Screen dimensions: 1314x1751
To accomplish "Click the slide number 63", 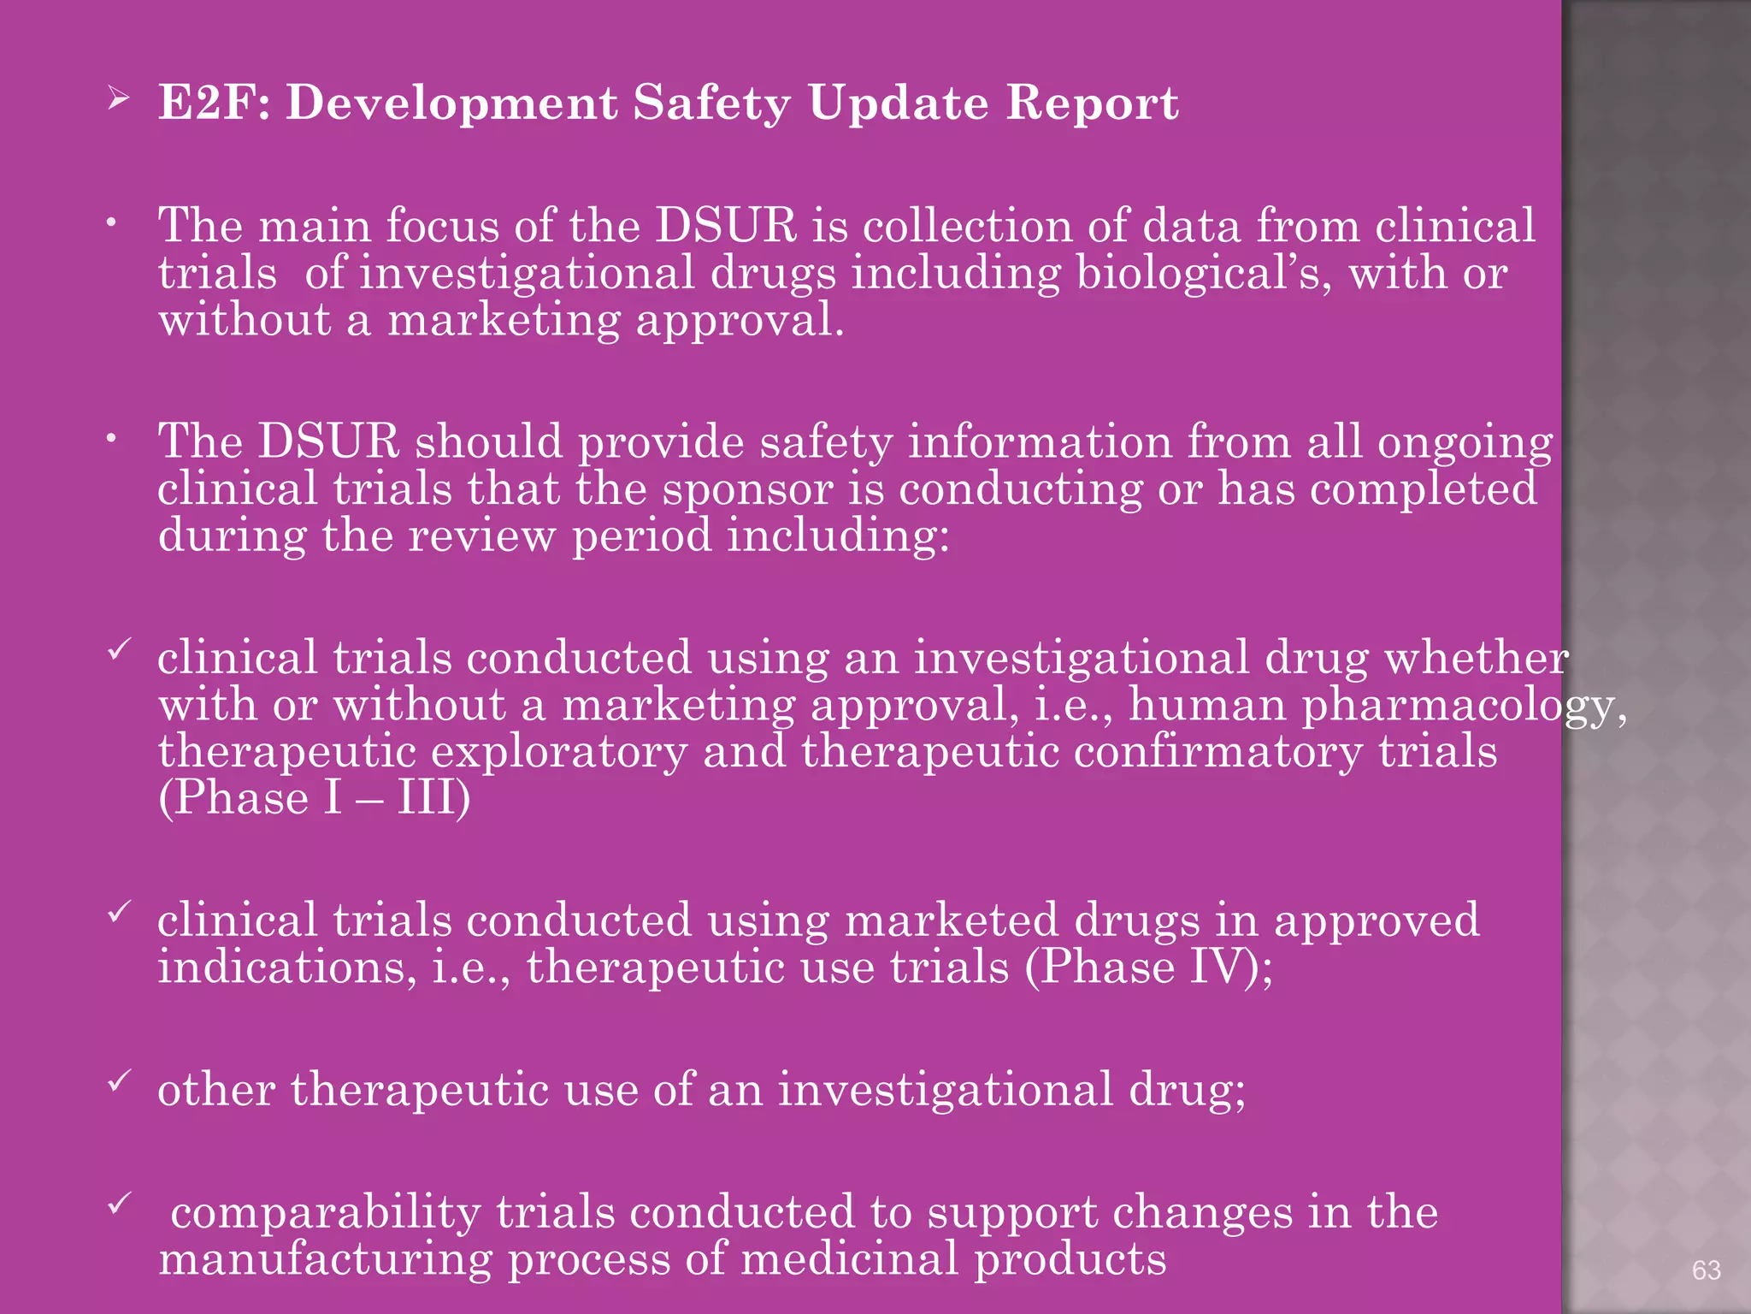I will tap(1706, 1270).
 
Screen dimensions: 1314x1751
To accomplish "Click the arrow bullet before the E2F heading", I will tap(118, 100).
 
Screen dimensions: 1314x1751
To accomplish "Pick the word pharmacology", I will tap(1463, 707).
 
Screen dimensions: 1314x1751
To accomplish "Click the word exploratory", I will tap(559, 753).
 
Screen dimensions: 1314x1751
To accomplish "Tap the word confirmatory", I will tap(1217, 753).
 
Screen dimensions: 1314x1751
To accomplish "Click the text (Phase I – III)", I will tap(315, 799).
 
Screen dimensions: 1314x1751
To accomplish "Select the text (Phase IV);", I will tap(1149, 968).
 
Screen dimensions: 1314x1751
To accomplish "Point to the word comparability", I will tap(326, 1213).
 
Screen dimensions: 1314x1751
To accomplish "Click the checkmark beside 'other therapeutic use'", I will tap(118, 1082).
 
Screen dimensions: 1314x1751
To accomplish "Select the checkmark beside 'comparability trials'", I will tap(118, 1206).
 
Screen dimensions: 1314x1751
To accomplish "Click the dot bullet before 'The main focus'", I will tap(111, 223).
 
